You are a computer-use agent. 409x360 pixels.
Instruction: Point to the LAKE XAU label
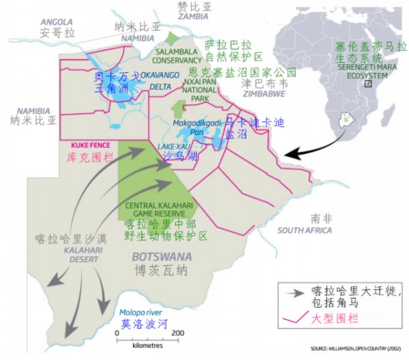click(170, 147)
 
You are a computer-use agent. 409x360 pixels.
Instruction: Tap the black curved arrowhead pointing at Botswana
click(289, 155)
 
